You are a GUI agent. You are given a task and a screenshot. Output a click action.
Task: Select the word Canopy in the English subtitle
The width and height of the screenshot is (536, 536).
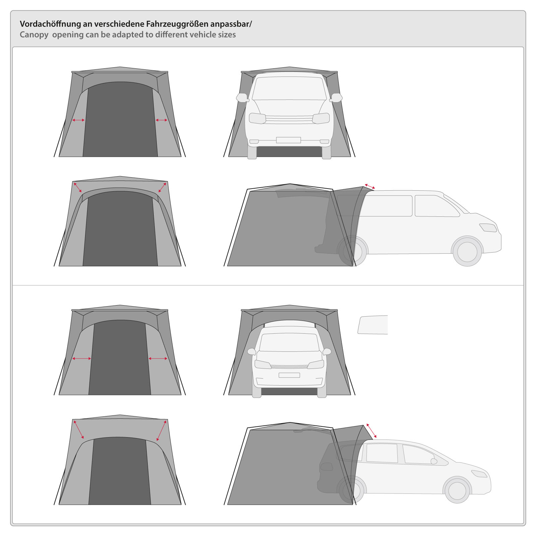tap(34, 35)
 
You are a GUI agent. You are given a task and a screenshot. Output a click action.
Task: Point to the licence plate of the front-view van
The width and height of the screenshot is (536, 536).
tap(288, 140)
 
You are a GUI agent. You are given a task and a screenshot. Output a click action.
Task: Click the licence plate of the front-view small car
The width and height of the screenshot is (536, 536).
tap(289, 375)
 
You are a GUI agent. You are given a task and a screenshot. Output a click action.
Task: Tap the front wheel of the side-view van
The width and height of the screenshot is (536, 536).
tap(467, 251)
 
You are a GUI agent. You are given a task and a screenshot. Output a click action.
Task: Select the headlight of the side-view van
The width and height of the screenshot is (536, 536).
tap(488, 227)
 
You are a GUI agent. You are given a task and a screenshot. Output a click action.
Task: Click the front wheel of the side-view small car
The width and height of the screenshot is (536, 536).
tap(457, 490)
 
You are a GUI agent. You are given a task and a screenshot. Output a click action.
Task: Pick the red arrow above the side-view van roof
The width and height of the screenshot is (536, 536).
tap(370, 186)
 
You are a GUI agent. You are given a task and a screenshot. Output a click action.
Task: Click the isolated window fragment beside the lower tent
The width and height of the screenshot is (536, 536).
tap(373, 325)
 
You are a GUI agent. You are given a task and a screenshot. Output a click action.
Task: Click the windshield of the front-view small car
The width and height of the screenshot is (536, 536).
tap(289, 342)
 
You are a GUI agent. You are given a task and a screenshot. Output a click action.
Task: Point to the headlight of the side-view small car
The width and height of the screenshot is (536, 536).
tap(479, 473)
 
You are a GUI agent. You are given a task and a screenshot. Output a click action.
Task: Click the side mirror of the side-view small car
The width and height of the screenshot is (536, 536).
tap(434, 461)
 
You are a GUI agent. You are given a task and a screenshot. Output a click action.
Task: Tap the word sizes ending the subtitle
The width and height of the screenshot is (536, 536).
tap(227, 35)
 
